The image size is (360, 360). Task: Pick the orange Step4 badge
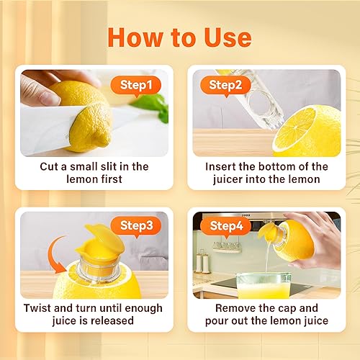228,225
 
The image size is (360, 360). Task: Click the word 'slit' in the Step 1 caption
119,166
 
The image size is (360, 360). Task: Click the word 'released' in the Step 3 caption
117,321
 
